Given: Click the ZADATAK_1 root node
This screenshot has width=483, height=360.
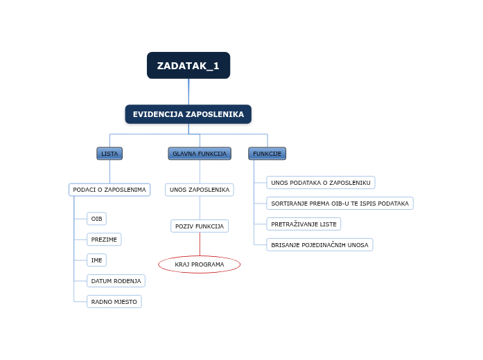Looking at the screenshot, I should (188, 66).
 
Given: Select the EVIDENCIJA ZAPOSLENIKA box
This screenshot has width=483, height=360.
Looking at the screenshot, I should (188, 114).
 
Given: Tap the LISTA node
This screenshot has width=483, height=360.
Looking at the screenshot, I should (109, 154).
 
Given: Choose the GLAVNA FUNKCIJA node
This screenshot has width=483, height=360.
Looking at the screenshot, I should (200, 154).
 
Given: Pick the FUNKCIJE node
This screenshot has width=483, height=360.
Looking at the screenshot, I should (267, 154).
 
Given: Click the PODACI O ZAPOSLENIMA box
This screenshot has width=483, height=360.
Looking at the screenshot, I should (109, 190).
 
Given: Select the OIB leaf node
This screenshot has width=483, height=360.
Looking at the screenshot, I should (96, 219).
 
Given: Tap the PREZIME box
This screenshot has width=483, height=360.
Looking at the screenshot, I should (104, 240).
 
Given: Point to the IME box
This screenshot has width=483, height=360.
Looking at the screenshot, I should (96, 260).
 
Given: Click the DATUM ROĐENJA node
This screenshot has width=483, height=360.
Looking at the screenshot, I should (116, 280).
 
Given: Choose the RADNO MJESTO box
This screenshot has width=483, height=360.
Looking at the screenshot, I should (114, 302).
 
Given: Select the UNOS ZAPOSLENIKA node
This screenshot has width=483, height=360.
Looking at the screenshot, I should (200, 190).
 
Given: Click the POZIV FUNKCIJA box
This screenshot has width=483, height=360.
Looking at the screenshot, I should (200, 226).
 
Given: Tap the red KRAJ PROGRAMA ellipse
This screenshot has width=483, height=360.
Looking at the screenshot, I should (200, 264).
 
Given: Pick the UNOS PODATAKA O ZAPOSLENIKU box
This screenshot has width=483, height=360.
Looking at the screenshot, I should (320, 183).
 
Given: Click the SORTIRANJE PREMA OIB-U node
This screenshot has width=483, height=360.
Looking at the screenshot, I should (340, 204).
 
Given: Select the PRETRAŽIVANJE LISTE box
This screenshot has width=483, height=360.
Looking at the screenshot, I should (304, 224).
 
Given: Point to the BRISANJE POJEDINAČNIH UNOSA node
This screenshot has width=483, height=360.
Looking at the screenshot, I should (319, 245).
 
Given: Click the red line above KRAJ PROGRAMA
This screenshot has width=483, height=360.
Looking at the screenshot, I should (200, 244).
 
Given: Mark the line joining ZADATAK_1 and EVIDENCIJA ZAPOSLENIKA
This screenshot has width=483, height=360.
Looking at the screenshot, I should (188, 91).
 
